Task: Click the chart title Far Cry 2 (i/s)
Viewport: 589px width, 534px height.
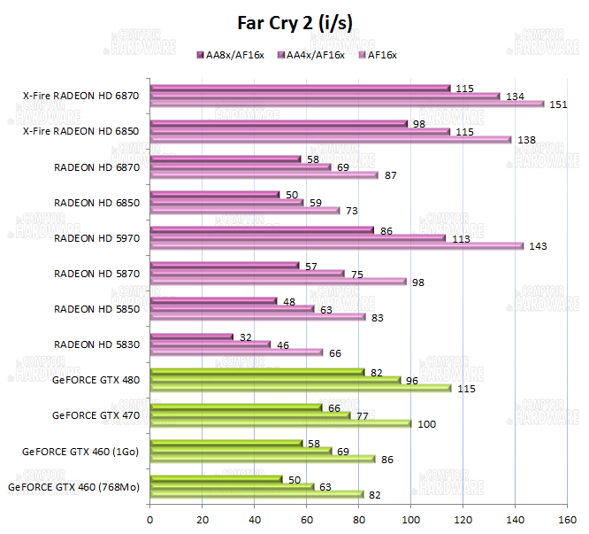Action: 294,23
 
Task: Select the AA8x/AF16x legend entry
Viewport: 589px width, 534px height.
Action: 232,56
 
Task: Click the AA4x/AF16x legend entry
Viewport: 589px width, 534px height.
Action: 312,56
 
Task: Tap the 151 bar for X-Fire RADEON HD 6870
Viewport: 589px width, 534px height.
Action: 347,104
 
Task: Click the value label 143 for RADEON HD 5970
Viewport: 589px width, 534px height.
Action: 538,246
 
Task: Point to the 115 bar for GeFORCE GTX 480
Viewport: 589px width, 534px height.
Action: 301,388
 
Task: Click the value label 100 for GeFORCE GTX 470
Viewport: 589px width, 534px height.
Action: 426,424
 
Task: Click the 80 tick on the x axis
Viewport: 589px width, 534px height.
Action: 359,519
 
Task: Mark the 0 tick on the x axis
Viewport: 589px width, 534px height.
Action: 150,519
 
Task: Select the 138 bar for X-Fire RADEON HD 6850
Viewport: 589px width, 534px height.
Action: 331,139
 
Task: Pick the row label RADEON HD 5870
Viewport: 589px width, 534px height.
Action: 96,273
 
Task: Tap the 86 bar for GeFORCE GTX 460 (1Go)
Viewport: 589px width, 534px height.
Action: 263,459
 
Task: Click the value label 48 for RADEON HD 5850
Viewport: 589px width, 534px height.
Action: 288,301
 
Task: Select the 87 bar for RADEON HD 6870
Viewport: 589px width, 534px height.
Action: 264,174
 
